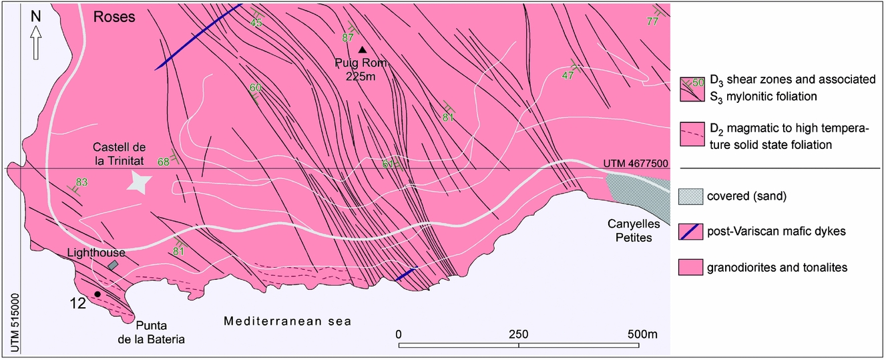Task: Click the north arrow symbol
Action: click(x=35, y=43)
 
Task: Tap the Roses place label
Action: click(x=114, y=17)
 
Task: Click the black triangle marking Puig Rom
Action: click(x=362, y=49)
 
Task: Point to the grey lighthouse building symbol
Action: click(x=114, y=266)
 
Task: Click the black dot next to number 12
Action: click(x=97, y=294)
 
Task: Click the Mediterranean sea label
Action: click(x=287, y=322)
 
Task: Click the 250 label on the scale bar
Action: click(x=519, y=333)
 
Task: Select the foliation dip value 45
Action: click(x=256, y=23)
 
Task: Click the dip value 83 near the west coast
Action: click(x=82, y=182)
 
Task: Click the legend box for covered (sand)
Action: click(x=692, y=197)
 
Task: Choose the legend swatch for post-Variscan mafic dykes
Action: click(x=692, y=232)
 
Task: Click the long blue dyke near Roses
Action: click(x=198, y=37)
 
